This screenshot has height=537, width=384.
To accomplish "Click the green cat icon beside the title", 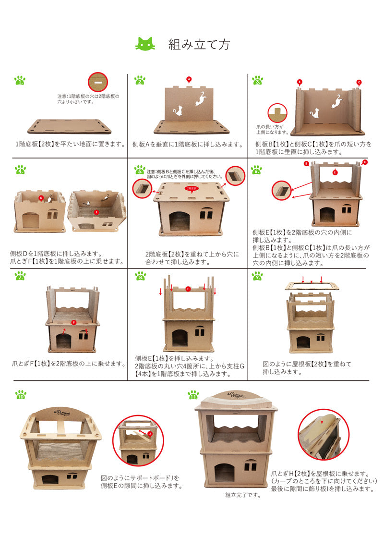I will pos(145,44).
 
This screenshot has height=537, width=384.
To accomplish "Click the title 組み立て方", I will pos(199,45).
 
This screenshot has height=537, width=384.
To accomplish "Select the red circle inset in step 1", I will pos(98,83).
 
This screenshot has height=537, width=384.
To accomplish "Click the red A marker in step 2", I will pos(189,79).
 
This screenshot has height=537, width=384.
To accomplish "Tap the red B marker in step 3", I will pos(300,82).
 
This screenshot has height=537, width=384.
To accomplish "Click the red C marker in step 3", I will pos(359,83).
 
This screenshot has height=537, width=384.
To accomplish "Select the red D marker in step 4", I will pos(41,198).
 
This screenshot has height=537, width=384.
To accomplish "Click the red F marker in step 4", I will pos(96,211).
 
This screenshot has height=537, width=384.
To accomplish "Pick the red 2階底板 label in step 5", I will pos(192,189).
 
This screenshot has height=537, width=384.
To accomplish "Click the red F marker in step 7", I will pos(73,322).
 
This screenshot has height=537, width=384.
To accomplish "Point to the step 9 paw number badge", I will pos(257,276).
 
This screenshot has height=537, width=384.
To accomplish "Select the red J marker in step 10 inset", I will pos(150,433).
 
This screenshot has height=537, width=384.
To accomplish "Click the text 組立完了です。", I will pos(243,495).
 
